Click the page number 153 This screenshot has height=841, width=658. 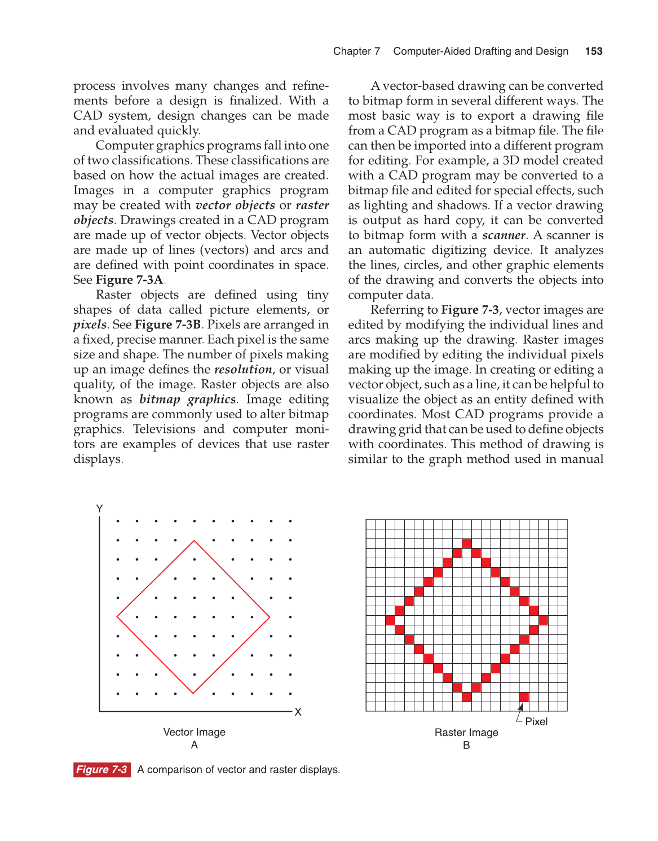[x=594, y=51]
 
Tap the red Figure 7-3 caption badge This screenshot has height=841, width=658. [x=102, y=769]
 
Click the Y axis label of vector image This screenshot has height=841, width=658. [x=100, y=509]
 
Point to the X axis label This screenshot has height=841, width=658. [x=298, y=712]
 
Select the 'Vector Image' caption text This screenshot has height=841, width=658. [x=194, y=732]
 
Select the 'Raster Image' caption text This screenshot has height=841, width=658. [x=466, y=733]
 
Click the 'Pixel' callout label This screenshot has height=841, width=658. [x=536, y=722]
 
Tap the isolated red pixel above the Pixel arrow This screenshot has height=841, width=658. [x=524, y=697]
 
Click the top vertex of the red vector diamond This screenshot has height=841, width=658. [x=195, y=541]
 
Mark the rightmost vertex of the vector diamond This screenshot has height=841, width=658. [x=270, y=617]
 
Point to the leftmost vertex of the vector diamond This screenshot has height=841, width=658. [x=117, y=617]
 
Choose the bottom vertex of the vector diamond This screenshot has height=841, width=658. [x=193, y=693]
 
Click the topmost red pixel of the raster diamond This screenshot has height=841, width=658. [x=466, y=544]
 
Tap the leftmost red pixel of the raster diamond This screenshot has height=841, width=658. [x=390, y=620]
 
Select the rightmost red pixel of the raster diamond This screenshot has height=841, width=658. [x=543, y=620]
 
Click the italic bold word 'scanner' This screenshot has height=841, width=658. [x=504, y=235]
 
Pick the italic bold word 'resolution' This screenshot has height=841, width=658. [x=243, y=370]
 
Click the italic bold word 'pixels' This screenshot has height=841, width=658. [x=90, y=325]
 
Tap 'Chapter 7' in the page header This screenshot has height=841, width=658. [x=356, y=51]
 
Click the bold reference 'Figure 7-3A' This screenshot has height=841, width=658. [x=130, y=280]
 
